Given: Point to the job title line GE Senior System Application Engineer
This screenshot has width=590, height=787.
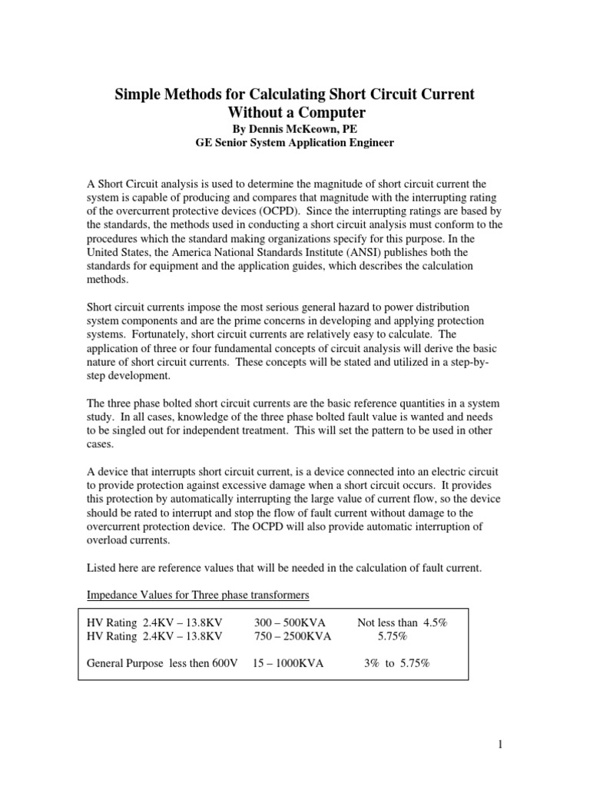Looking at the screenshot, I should tap(295, 143).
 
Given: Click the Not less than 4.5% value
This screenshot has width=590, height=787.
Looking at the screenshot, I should tap(402, 623).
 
